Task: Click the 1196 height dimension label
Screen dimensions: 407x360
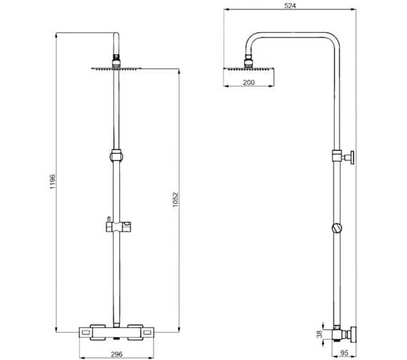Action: tap(53, 181)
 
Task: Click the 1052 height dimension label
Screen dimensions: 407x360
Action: tap(176, 199)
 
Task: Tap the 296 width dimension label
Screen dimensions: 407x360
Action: tap(116, 354)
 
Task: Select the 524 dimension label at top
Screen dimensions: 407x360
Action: tap(290, 6)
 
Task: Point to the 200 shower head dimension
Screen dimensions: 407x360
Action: tap(248, 82)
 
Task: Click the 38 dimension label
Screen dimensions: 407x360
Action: tap(319, 334)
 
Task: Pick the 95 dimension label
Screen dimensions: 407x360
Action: tap(344, 354)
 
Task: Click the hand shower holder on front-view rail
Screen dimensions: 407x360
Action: tap(118, 226)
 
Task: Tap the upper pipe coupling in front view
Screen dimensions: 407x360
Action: tap(116, 156)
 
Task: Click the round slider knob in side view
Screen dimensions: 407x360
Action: tap(336, 228)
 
